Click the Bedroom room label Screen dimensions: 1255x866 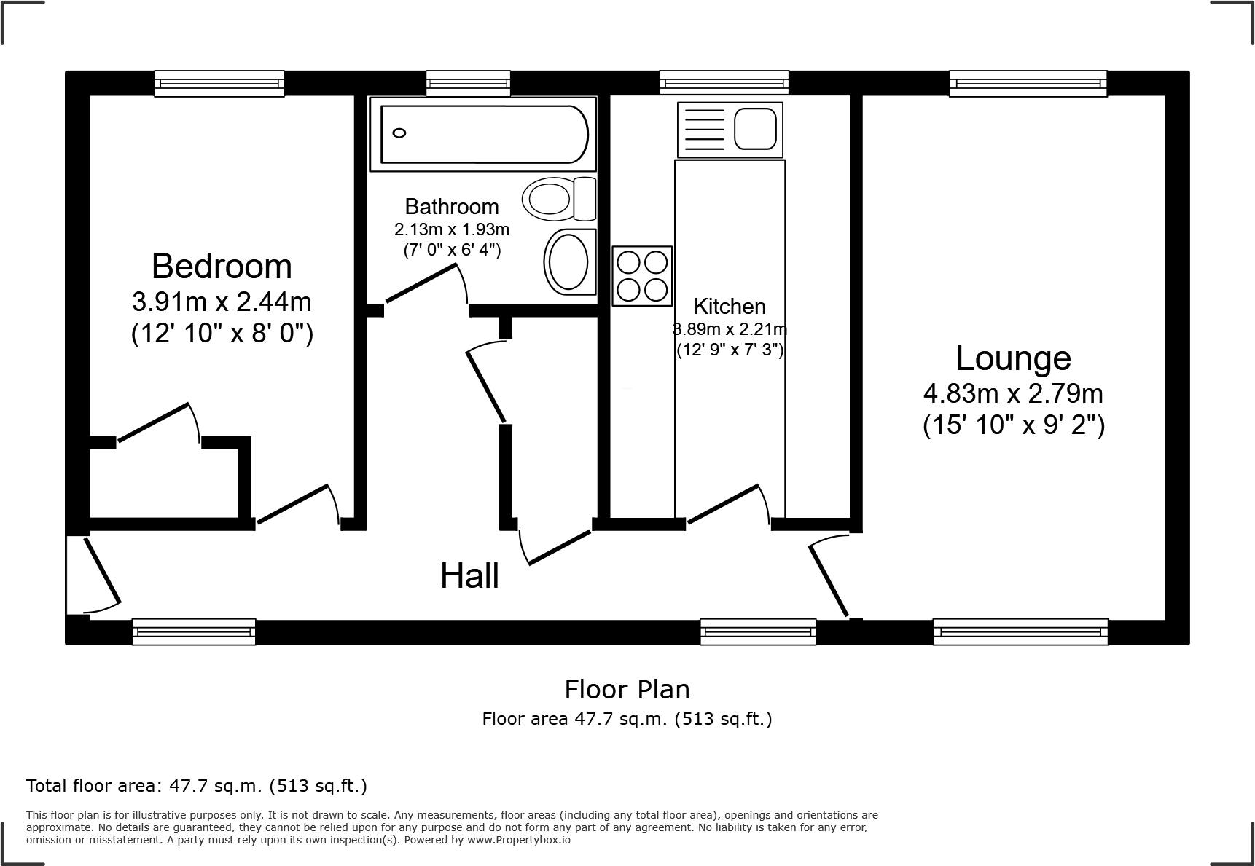pyautogui.click(x=222, y=267)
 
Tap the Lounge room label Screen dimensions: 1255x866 pyautogui.click(x=1013, y=358)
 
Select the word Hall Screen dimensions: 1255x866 pyautogui.click(x=469, y=576)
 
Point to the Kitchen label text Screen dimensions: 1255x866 pyautogui.click(x=730, y=306)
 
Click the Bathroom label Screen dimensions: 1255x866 pyautogui.click(x=452, y=206)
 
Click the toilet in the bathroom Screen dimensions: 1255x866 pyautogui.click(x=558, y=198)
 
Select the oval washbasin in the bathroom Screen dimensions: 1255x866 pyautogui.click(x=568, y=261)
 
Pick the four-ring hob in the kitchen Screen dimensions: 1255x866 pyautogui.click(x=642, y=276)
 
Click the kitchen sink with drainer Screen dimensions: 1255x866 pyautogui.click(x=730, y=130)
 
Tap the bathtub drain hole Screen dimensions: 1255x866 pyautogui.click(x=399, y=133)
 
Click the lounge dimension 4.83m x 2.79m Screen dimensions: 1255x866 pyautogui.click(x=1013, y=394)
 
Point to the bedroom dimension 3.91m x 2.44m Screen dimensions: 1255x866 pyautogui.click(x=222, y=301)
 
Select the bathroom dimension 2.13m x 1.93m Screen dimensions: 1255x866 pyautogui.click(x=452, y=229)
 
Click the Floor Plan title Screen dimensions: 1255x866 pyautogui.click(x=627, y=689)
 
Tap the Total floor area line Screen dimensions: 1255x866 pyautogui.click(x=197, y=786)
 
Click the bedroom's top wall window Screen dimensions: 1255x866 pyautogui.click(x=219, y=83)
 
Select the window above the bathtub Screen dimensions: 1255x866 pyautogui.click(x=468, y=83)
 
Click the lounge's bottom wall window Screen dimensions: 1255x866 pyautogui.click(x=1020, y=631)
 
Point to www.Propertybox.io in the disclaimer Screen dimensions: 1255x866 pyautogui.click(x=519, y=840)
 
